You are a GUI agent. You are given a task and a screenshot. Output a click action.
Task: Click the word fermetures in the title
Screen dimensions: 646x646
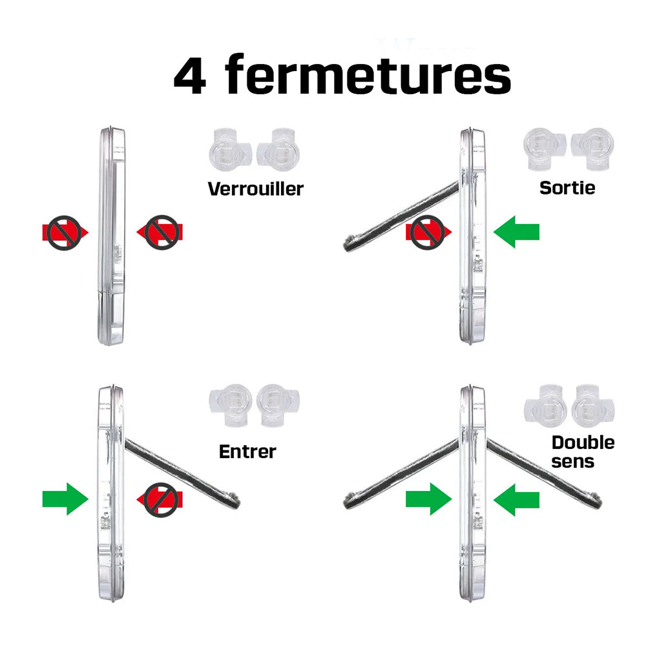click(368, 74)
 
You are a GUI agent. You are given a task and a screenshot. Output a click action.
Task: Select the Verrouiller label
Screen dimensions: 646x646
click(255, 189)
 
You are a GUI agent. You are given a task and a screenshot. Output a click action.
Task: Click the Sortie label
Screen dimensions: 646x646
click(567, 188)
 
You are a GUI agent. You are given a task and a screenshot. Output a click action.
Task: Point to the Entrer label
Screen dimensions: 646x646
click(247, 452)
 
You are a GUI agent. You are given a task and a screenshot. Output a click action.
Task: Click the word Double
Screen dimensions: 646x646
click(583, 443)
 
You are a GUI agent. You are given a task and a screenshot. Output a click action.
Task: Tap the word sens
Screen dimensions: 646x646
click(572, 462)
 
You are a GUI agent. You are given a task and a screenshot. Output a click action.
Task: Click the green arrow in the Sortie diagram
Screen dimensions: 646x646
click(516, 231)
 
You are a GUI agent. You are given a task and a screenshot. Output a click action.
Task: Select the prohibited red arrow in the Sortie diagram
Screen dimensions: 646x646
click(428, 232)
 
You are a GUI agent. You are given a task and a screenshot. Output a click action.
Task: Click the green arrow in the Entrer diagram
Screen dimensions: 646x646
click(65, 499)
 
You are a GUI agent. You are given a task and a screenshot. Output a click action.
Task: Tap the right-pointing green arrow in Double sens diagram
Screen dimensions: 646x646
click(429, 499)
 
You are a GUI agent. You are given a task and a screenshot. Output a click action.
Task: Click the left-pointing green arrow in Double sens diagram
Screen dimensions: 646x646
click(516, 500)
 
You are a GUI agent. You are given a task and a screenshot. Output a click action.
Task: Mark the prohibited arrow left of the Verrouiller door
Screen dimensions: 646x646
click(65, 233)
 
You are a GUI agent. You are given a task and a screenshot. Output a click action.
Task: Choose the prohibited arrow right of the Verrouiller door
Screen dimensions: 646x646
click(160, 232)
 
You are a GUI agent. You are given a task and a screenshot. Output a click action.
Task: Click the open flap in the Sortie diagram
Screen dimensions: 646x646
click(401, 216)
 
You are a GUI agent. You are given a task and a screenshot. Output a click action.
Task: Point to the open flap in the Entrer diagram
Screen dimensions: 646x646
click(182, 474)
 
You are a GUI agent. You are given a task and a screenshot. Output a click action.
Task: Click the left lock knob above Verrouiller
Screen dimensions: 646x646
click(229, 149)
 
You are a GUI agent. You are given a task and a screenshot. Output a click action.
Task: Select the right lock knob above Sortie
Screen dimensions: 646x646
click(592, 149)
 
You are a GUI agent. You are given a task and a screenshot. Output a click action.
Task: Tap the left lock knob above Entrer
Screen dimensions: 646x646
click(231, 405)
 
